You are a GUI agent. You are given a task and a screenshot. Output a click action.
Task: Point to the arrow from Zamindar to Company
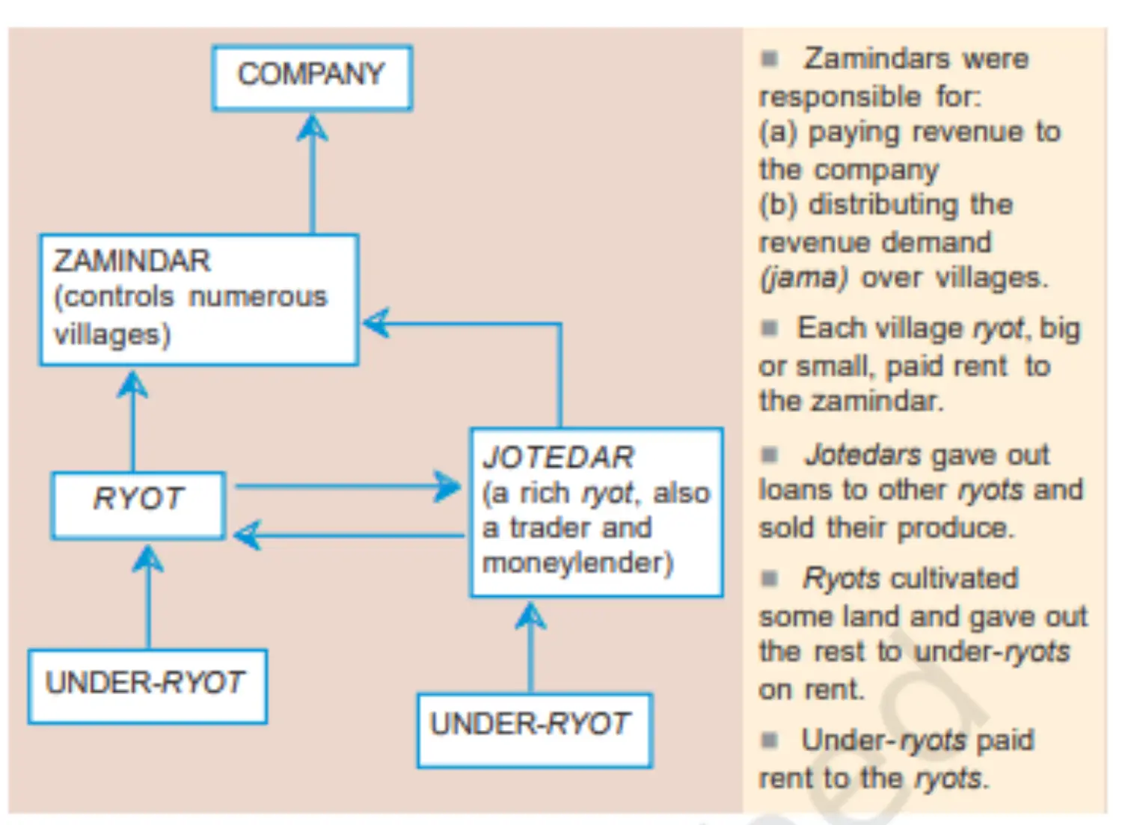click(313, 174)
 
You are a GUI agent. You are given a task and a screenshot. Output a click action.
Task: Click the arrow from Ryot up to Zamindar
click(132, 421)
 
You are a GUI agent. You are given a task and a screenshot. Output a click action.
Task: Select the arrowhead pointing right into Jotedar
click(447, 486)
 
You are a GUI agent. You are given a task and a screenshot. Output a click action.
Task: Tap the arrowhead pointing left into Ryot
click(248, 535)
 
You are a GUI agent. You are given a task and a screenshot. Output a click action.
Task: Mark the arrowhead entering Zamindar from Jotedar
click(376, 323)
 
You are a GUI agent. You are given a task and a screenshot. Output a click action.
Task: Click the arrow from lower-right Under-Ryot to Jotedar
click(531, 647)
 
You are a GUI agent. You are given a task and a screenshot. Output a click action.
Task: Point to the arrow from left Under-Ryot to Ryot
click(148, 597)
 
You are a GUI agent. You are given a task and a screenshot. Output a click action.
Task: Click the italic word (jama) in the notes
click(803, 279)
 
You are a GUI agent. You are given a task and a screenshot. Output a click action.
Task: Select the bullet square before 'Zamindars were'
click(770, 58)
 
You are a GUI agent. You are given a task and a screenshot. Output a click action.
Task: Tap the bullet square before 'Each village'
click(770, 329)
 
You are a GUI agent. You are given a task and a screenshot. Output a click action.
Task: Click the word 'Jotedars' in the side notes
click(862, 456)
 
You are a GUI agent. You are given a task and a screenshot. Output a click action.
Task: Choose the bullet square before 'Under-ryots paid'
click(770, 740)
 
